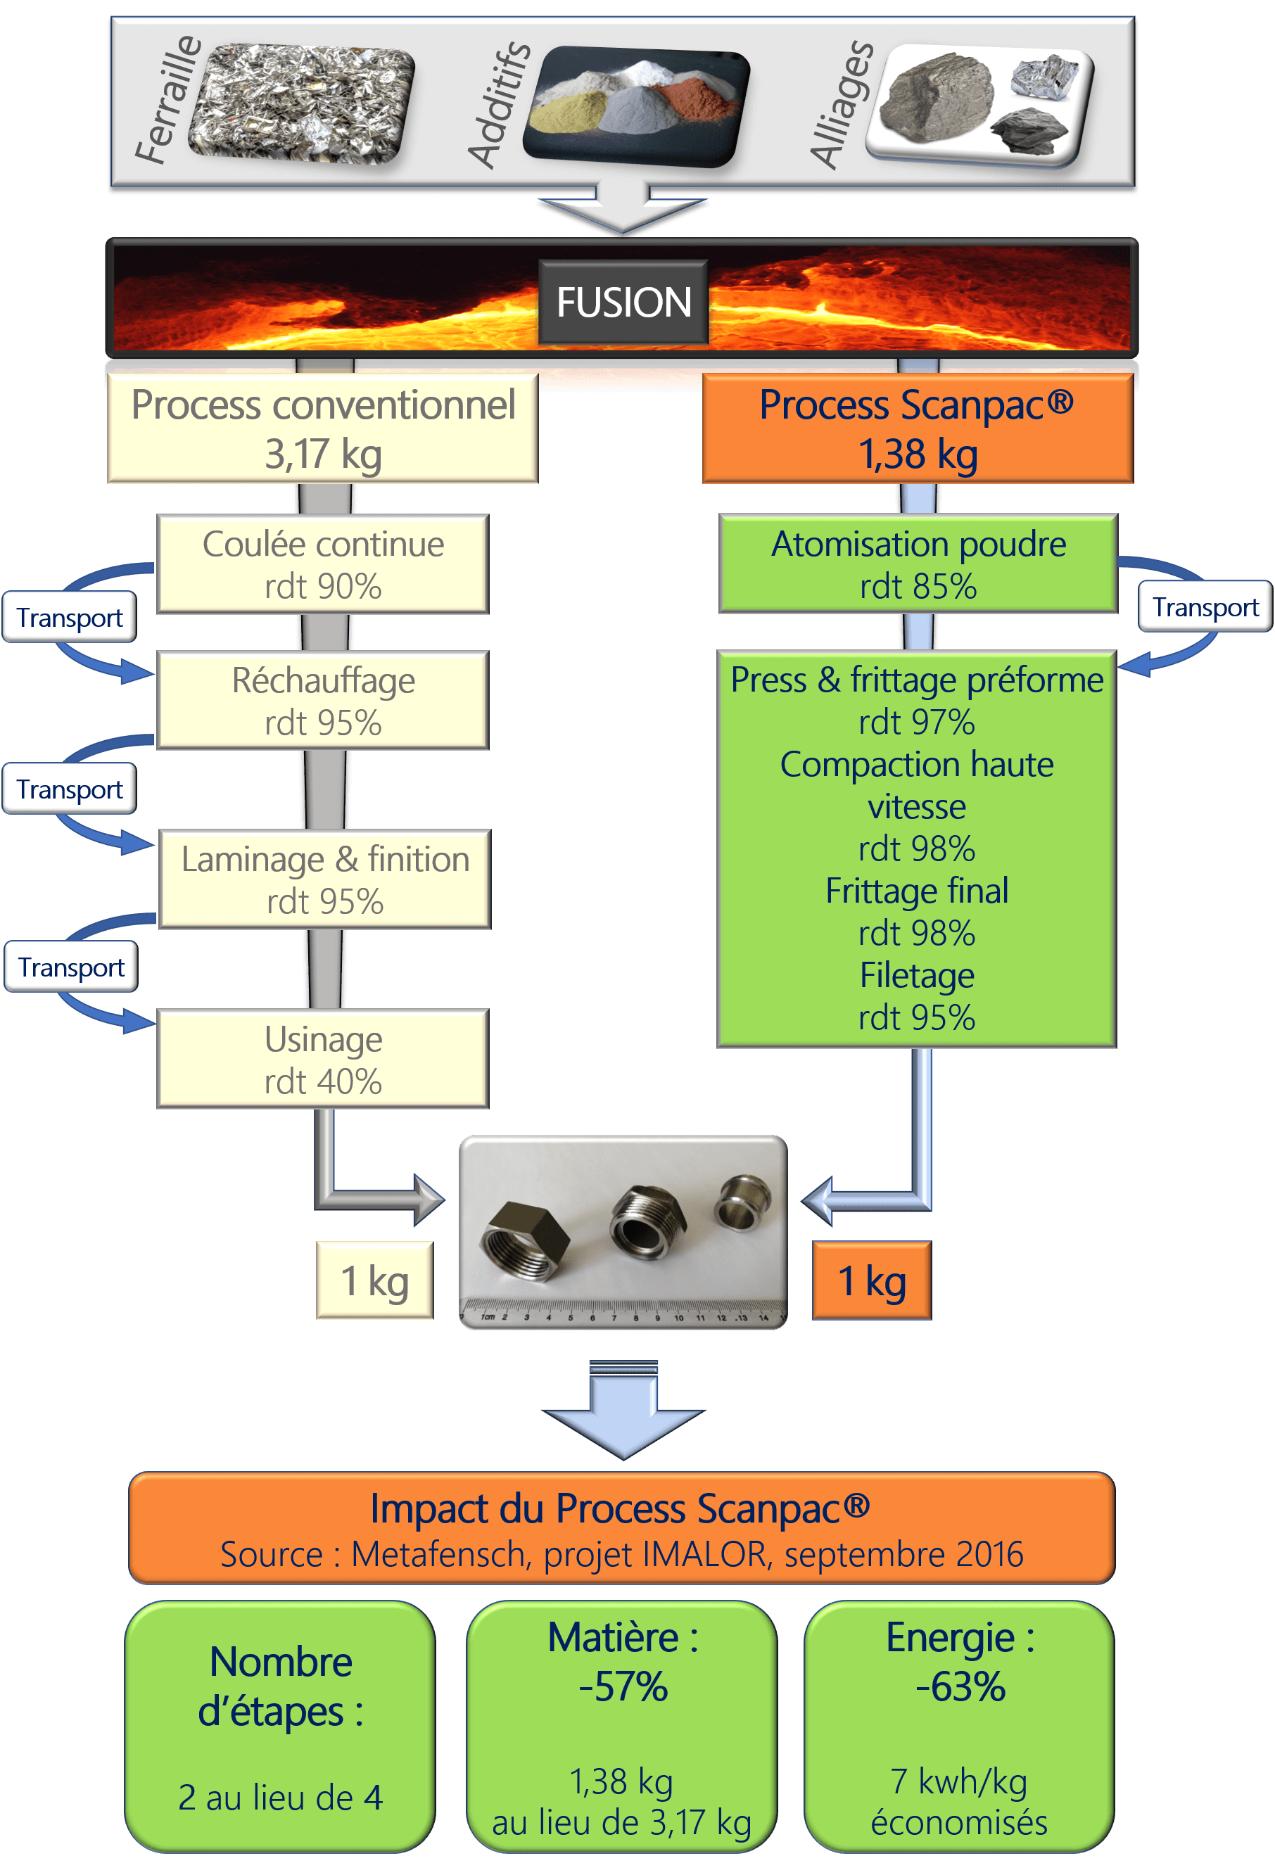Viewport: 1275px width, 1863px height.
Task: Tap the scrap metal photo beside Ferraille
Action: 300,103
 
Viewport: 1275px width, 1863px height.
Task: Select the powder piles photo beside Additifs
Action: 636,106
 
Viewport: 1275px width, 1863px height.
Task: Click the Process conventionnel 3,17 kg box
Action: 322,428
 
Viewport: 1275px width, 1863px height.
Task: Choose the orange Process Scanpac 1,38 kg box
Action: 918,428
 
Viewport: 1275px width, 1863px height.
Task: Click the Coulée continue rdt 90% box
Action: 322,564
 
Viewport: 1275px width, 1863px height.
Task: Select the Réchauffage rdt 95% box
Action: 322,701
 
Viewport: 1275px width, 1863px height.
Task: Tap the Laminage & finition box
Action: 325,879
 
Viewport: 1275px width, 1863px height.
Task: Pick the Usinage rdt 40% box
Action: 322,1059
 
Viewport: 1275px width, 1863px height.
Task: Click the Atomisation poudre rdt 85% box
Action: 918,564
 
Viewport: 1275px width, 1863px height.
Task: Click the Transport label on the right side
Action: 1205,607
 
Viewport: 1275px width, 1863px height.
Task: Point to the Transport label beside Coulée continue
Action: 70,617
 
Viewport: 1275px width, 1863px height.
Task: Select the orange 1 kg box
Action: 872,1280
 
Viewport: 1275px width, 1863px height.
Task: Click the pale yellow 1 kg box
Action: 374,1280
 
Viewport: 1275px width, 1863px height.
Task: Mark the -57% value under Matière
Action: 623,1686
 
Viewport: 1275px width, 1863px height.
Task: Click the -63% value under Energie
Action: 960,1686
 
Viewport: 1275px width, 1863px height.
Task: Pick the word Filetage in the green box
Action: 917,976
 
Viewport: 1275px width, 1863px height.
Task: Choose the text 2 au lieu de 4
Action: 280,1798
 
